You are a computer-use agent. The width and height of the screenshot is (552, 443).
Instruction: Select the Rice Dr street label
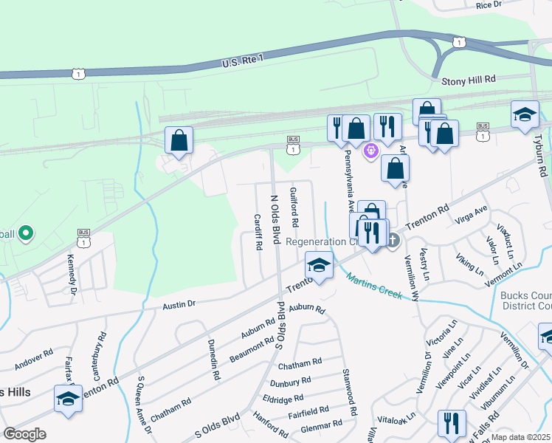coord(489,4)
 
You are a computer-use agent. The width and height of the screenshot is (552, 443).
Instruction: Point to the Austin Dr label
coord(179,303)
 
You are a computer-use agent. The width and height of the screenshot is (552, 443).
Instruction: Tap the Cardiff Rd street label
coord(258,233)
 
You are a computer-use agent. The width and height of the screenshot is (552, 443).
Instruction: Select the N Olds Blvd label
coord(277,220)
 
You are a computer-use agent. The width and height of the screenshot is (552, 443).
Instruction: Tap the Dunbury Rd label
coord(290,382)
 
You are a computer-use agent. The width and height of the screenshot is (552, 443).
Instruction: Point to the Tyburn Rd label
coord(541,159)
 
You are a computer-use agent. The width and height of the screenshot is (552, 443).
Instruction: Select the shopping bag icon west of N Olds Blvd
coord(179,139)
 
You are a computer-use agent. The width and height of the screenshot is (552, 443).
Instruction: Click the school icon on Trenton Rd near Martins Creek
coord(319,264)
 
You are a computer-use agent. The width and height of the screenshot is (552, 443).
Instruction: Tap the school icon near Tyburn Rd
coord(525,114)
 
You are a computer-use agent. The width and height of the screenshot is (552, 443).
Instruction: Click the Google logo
coord(24,433)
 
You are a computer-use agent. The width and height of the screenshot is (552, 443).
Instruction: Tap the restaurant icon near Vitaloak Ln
coord(451,423)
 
